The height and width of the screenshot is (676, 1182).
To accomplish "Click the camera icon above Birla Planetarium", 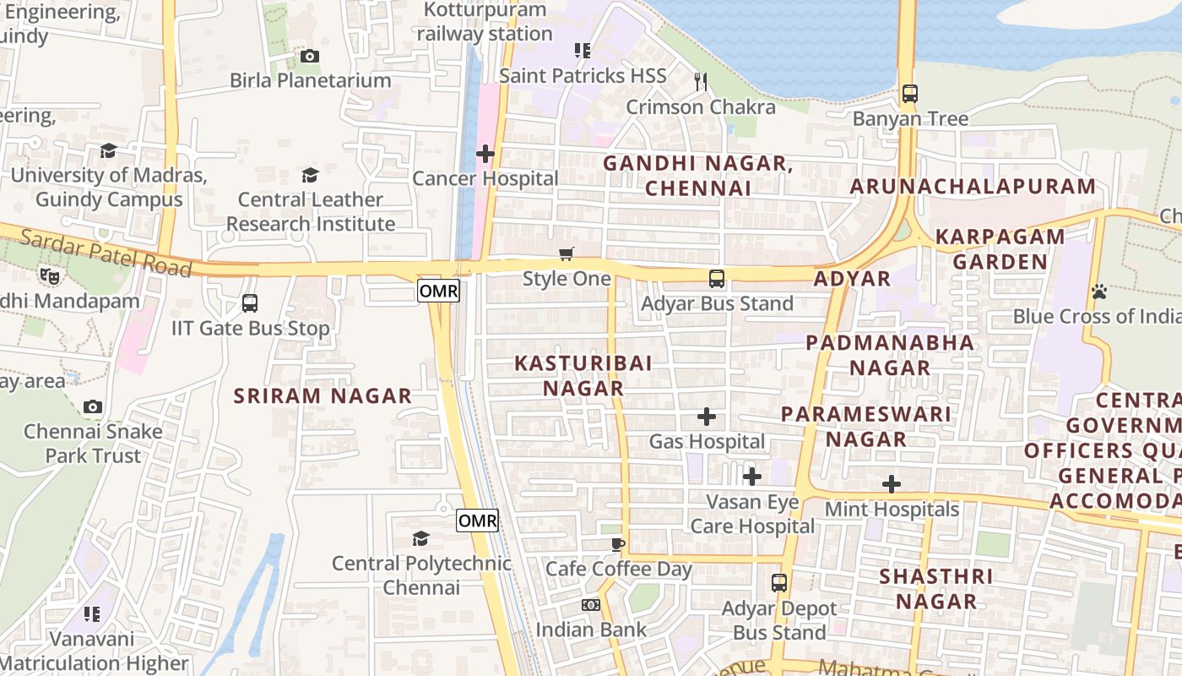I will (310, 57).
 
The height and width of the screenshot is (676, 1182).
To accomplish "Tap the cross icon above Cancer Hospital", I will (485, 154).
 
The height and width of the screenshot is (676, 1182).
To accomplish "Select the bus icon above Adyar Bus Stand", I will (717, 278).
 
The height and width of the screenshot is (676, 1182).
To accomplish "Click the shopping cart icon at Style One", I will (567, 253).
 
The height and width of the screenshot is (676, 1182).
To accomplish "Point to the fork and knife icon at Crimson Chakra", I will (700, 81).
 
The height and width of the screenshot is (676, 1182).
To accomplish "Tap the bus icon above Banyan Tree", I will (909, 94).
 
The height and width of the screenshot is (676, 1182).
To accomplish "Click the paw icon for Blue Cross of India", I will (1098, 292).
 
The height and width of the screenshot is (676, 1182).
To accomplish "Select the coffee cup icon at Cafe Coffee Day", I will (618, 543).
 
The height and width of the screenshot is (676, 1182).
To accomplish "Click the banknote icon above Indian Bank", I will (591, 605).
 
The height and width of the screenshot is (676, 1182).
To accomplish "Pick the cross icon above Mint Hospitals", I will (892, 484).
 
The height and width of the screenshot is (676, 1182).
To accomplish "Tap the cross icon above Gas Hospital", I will (707, 417).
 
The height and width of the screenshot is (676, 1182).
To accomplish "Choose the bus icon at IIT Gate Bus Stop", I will (250, 303).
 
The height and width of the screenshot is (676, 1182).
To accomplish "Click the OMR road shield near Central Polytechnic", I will (477, 521).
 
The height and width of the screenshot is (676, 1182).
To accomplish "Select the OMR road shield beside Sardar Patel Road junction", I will (438, 292).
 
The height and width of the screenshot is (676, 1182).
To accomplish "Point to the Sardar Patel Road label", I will (106, 251).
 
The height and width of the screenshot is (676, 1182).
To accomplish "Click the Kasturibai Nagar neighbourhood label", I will (583, 375).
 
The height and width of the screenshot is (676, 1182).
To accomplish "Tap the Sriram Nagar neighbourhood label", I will (323, 395).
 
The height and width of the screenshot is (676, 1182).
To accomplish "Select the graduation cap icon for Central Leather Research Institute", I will (310, 175).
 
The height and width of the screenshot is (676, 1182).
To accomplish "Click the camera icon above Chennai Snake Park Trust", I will (93, 407).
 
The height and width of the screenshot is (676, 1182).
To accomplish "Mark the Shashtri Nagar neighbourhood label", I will (936, 589).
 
